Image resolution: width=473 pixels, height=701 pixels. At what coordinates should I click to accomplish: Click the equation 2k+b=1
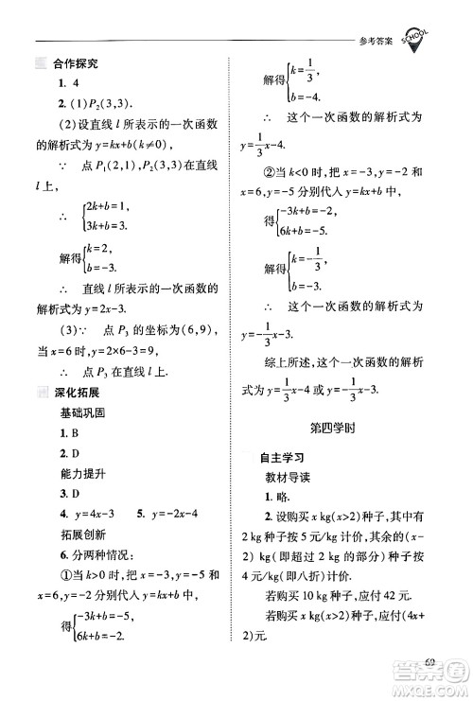[105, 205]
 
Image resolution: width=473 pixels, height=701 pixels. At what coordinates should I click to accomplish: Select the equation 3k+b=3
[105, 227]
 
